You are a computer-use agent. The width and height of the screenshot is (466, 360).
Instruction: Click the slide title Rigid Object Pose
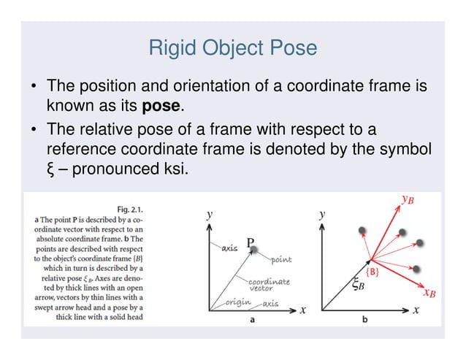click(232, 48)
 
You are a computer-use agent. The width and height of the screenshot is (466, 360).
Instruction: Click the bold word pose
click(161, 106)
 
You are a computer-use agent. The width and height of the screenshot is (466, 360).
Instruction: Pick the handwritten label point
click(282, 259)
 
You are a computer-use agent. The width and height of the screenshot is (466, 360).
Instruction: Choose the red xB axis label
click(430, 294)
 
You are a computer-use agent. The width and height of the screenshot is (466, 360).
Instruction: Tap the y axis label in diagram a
click(209, 214)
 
